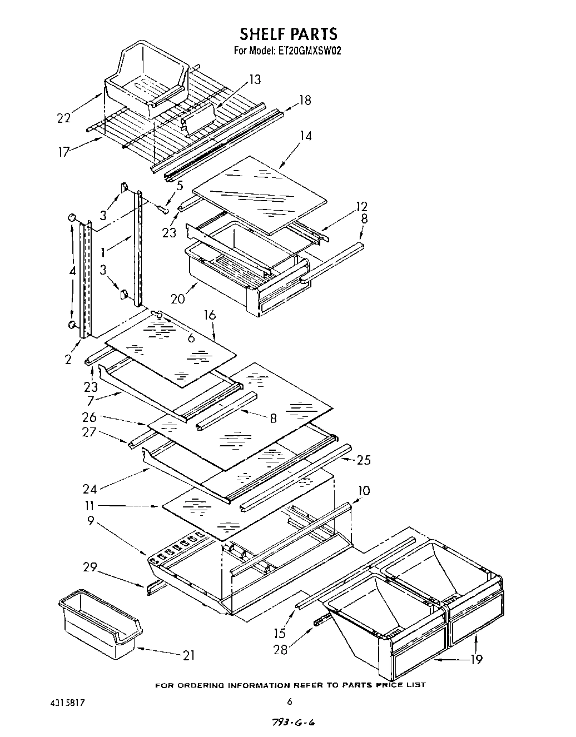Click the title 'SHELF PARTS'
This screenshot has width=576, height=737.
click(x=289, y=34)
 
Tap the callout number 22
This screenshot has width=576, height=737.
click(x=64, y=118)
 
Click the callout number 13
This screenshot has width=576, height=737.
click(x=254, y=80)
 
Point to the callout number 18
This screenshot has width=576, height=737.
click(x=305, y=101)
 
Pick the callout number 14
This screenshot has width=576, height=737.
click(x=305, y=136)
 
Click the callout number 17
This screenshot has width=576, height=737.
click(x=65, y=151)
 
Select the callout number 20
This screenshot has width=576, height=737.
click(x=178, y=298)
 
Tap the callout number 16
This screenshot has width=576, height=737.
click(x=209, y=316)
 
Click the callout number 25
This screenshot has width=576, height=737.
click(x=364, y=460)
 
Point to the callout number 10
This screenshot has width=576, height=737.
click(x=364, y=491)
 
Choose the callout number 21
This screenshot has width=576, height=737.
click(x=189, y=656)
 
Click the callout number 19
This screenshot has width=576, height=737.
click(x=475, y=659)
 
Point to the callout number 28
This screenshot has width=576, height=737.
click(x=280, y=649)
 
